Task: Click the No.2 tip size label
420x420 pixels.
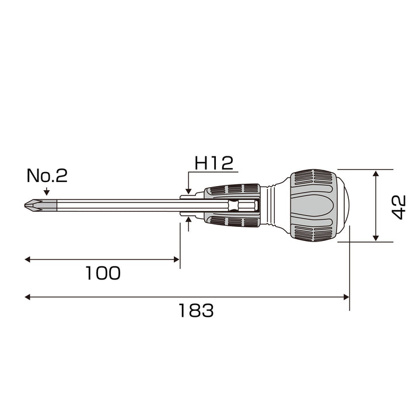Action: click(x=47, y=176)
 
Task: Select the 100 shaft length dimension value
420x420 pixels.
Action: click(x=103, y=273)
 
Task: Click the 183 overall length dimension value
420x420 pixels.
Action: click(x=196, y=310)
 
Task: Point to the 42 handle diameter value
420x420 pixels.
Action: click(x=399, y=207)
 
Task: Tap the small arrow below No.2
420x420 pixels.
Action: click(x=47, y=191)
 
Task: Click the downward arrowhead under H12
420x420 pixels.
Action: click(x=188, y=191)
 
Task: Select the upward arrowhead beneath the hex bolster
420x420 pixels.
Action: click(x=188, y=220)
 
